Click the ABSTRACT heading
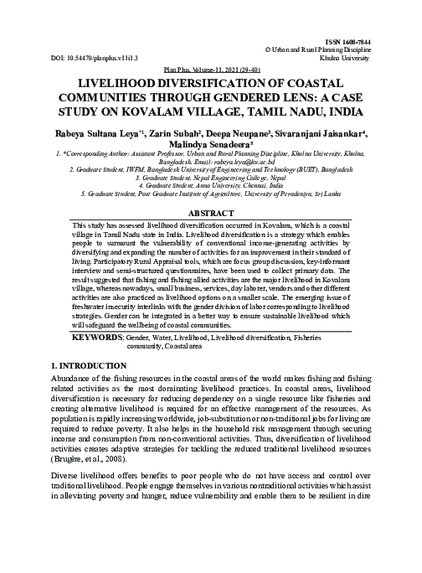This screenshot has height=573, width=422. [211, 214]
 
